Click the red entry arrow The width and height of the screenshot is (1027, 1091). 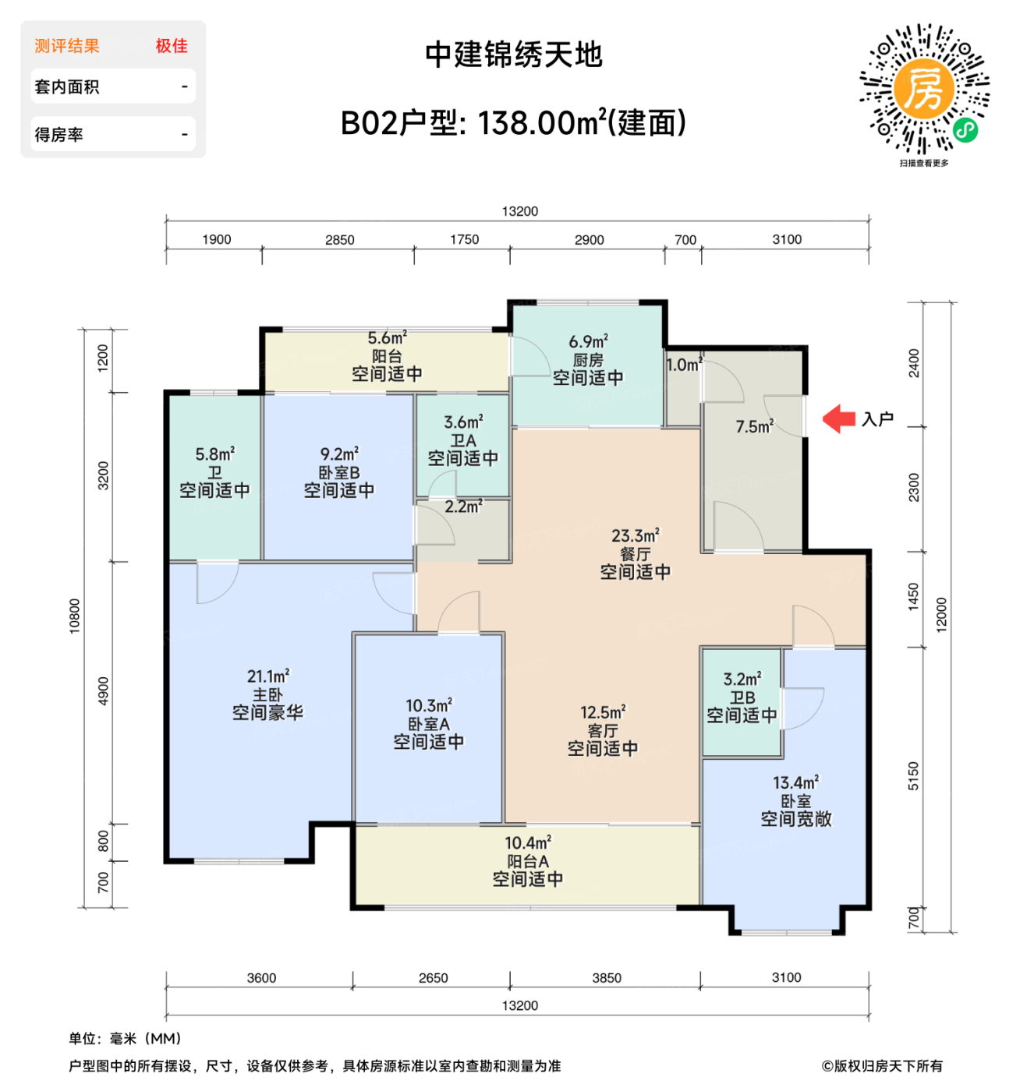[x=839, y=418]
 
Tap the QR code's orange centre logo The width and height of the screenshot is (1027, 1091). [x=924, y=88]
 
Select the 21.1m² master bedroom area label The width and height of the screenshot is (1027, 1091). [x=267, y=676]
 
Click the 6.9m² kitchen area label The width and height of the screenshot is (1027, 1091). [x=588, y=341]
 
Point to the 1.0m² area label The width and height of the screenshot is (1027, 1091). [x=684, y=365]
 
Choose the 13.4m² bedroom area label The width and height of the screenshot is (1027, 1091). [x=795, y=782]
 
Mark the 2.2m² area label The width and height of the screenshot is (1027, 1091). [x=463, y=507]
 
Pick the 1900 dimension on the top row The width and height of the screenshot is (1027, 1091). [x=216, y=239]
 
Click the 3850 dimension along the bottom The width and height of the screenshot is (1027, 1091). [x=606, y=978]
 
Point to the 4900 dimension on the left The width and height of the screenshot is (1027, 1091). [x=103, y=691]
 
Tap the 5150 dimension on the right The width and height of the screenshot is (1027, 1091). [x=913, y=775]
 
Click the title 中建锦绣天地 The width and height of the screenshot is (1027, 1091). [x=514, y=55]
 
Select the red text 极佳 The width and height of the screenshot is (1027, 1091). [x=172, y=46]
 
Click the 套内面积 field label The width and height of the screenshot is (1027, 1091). [x=67, y=87]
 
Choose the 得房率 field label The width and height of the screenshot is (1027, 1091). [x=58, y=135]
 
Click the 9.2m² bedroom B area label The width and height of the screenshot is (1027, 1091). [x=339, y=454]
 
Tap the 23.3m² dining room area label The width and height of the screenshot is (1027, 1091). [x=635, y=536]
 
